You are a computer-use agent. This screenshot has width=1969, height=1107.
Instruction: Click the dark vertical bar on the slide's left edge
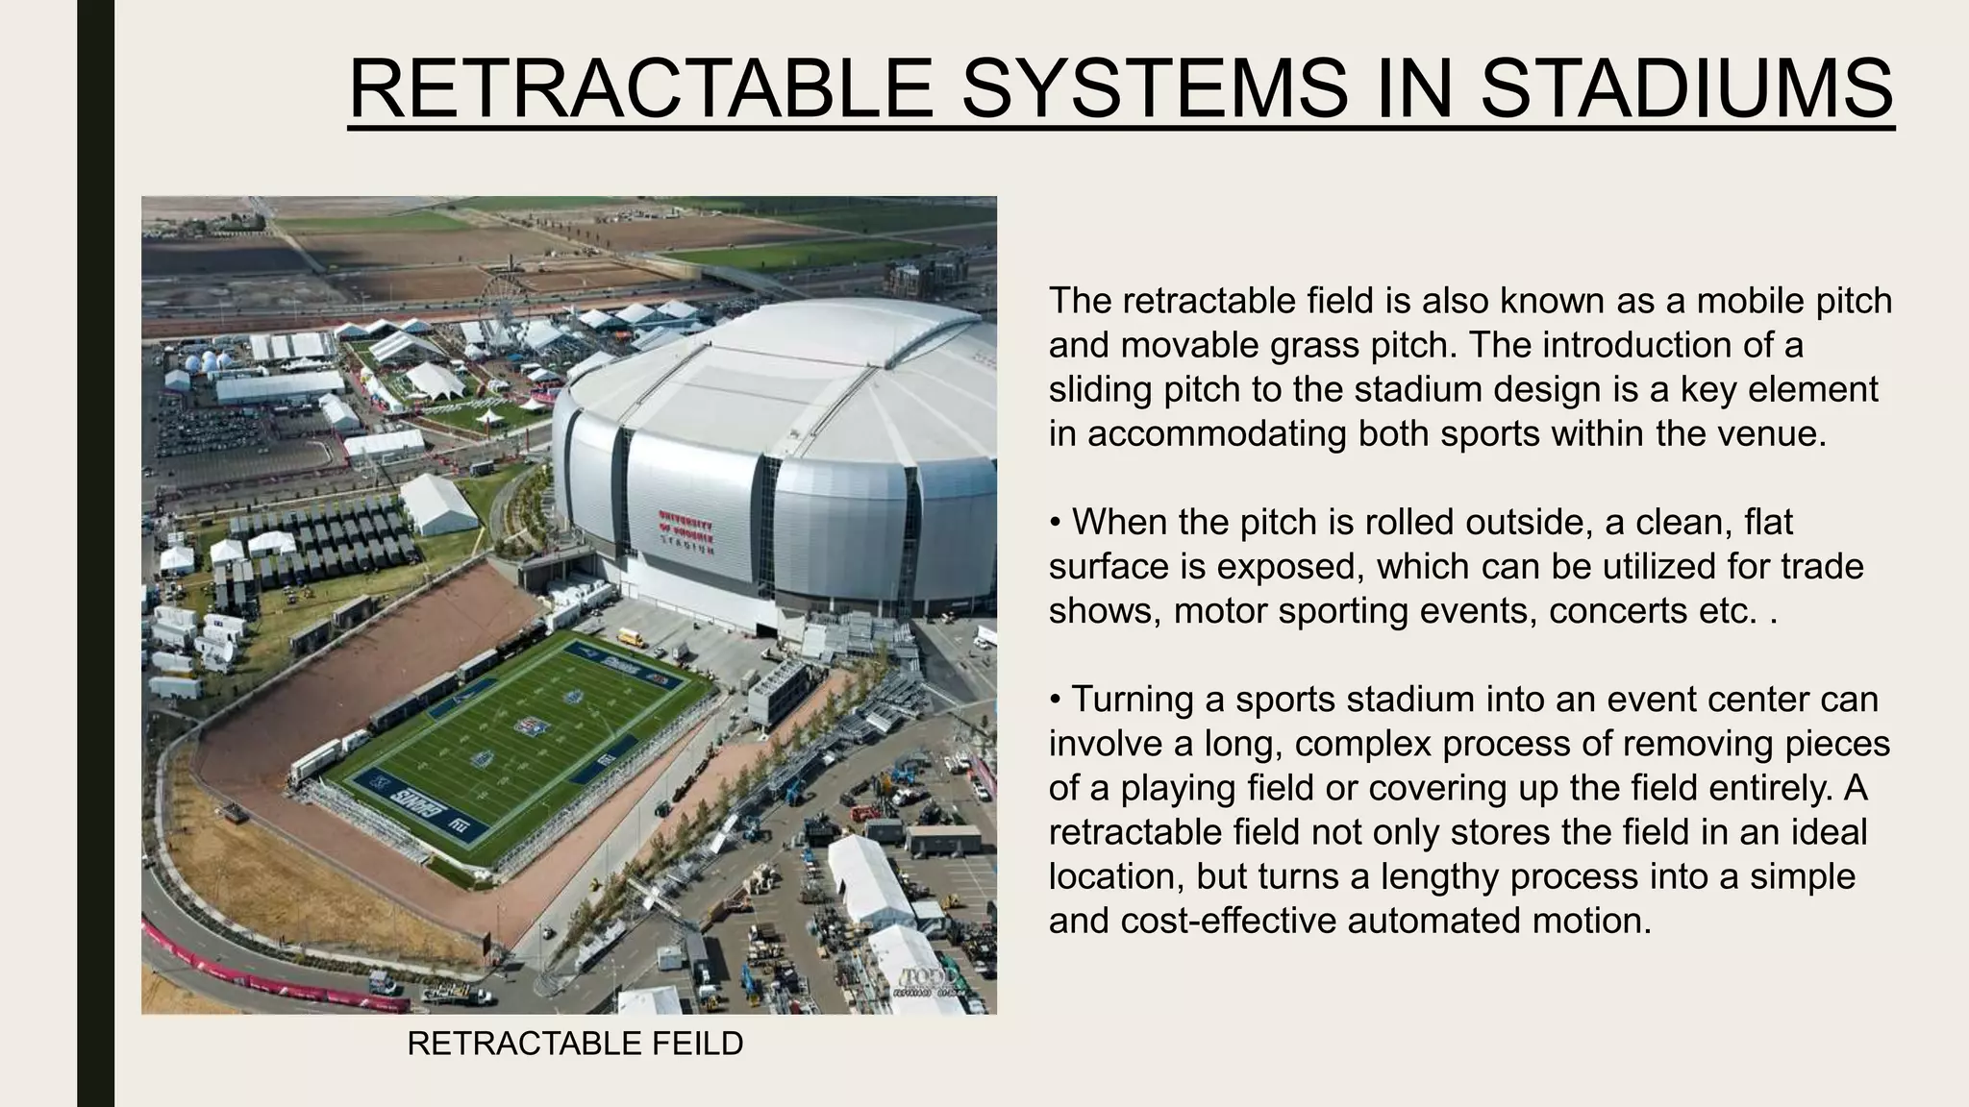[x=95, y=553]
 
